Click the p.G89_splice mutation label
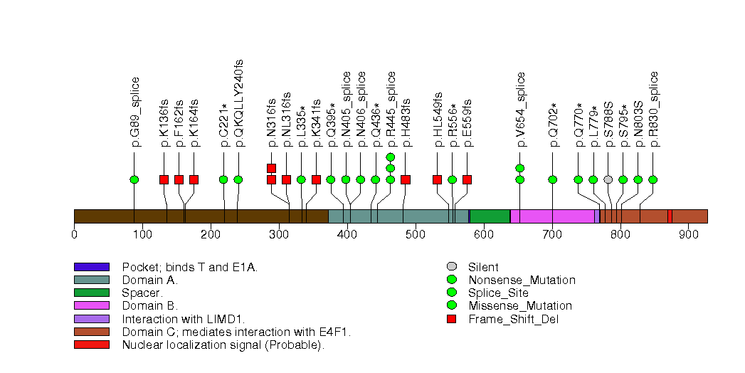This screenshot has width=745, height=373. (x=136, y=112)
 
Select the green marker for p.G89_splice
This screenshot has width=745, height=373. (x=134, y=179)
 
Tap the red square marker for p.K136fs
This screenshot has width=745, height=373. (x=164, y=179)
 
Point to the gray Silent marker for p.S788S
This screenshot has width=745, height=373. (x=608, y=179)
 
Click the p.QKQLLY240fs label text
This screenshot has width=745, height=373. (x=239, y=103)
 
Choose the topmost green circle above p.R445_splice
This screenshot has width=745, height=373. (x=390, y=157)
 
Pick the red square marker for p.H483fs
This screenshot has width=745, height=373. (x=405, y=179)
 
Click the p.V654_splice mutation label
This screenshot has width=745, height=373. (x=521, y=109)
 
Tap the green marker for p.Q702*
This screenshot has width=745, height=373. (x=552, y=179)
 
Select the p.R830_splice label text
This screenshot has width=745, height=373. (x=654, y=109)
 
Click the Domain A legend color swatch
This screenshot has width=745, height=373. (x=91, y=280)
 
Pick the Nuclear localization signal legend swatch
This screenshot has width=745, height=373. (x=91, y=345)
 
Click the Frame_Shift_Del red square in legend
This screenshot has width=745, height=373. (x=451, y=319)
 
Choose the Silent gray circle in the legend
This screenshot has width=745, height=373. (x=451, y=267)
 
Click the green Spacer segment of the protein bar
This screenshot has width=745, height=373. (x=490, y=216)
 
